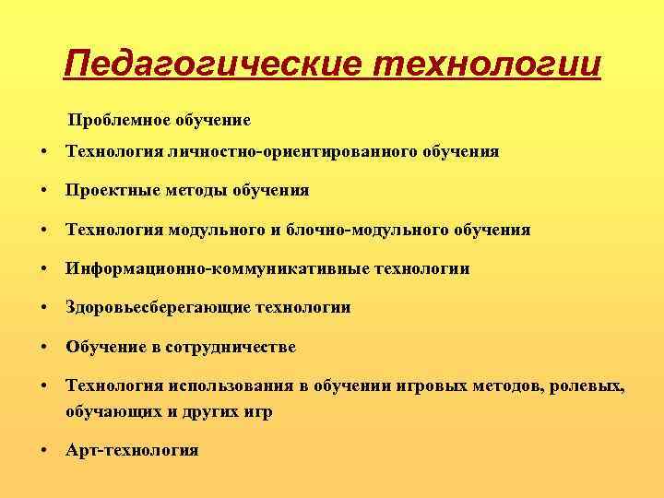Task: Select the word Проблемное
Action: pyautogui.click(x=115, y=120)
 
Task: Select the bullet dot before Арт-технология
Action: pyautogui.click(x=43, y=450)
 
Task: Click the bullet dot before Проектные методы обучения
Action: pyautogui.click(x=43, y=191)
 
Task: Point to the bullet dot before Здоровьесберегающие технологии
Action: pyautogui.click(x=43, y=308)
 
